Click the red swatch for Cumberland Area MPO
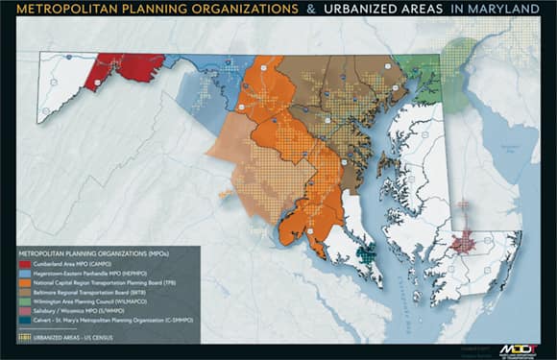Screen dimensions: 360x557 pos(22,262)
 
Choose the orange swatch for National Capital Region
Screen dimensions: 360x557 pos(22,283)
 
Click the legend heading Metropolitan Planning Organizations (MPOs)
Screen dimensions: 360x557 pos(85,252)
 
